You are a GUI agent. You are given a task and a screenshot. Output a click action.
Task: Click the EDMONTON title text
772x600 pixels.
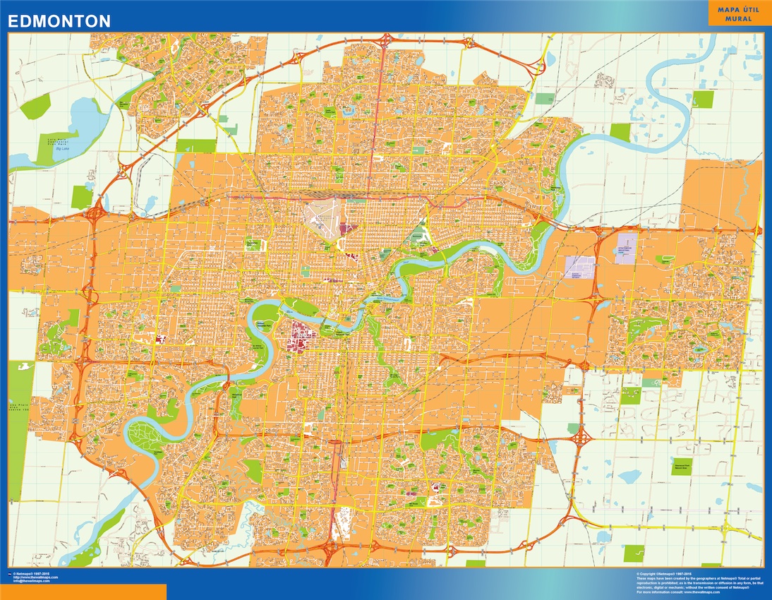pos(59,21)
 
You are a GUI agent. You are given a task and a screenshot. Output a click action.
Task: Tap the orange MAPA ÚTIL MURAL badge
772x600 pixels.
pos(739,14)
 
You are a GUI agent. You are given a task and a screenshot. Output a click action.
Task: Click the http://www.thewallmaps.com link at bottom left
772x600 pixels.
pos(35,577)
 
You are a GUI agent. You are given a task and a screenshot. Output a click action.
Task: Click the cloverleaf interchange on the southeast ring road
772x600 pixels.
pos(580,438)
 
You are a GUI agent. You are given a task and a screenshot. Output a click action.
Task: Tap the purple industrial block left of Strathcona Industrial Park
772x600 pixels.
pos(580,267)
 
